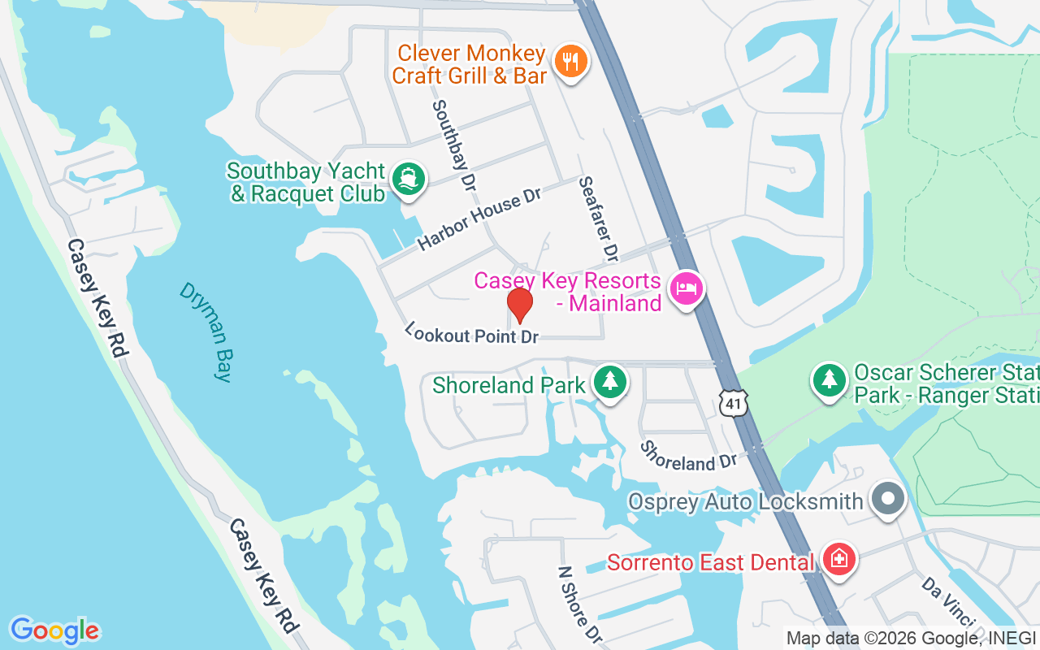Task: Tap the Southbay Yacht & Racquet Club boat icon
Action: click(x=408, y=179)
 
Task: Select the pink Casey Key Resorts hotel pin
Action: click(x=687, y=288)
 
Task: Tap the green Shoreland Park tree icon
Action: click(x=609, y=381)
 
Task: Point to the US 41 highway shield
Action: click(x=733, y=402)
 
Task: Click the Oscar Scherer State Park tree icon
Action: click(x=829, y=379)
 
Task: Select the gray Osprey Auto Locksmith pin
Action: click(x=886, y=499)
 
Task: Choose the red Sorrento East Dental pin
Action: click(x=838, y=559)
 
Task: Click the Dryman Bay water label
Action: click(x=206, y=331)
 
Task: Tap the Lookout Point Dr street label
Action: click(x=472, y=333)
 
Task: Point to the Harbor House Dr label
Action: click(x=479, y=220)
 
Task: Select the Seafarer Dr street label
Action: click(x=599, y=219)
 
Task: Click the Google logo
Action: click(x=54, y=630)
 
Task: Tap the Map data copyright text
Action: click(x=911, y=638)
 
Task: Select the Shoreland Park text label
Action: click(x=509, y=384)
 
